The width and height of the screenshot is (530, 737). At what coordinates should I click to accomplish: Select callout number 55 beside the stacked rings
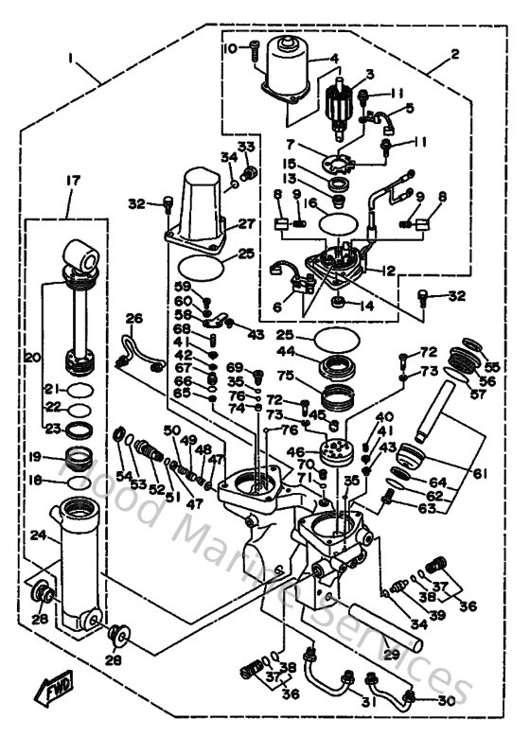(491, 365)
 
